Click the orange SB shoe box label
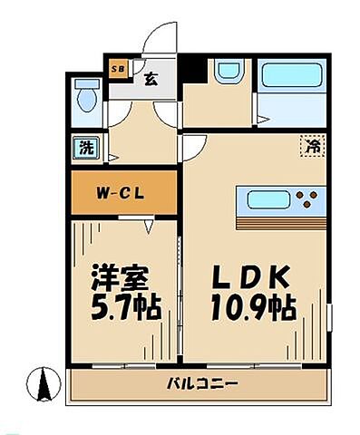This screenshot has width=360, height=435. pyautogui.click(x=119, y=67)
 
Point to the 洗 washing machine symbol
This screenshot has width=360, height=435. pyautogui.click(x=83, y=148)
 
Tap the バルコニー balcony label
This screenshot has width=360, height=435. pyautogui.click(x=201, y=384)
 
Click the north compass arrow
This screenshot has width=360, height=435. pyautogui.click(x=43, y=384)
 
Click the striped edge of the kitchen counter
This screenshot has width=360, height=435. pyautogui.click(x=280, y=222)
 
